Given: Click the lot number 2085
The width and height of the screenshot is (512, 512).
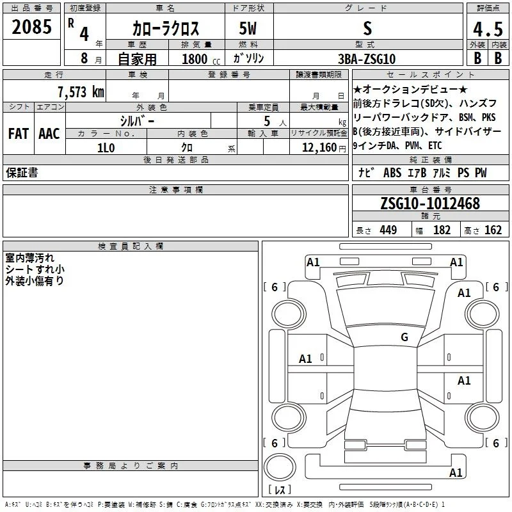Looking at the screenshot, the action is (x=31, y=27).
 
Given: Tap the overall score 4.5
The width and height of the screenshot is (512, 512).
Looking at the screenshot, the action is (x=488, y=29).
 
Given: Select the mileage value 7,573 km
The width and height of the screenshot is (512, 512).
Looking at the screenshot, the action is (x=81, y=92).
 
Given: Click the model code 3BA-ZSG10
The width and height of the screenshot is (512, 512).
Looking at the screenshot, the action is (x=367, y=59).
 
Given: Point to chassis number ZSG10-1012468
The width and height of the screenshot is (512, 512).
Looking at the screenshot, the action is (x=430, y=204).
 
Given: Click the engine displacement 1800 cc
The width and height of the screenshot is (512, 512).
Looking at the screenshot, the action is (x=201, y=59).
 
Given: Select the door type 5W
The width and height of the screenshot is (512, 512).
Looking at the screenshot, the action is (x=248, y=28).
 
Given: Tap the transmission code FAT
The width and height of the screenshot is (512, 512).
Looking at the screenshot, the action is (x=19, y=134).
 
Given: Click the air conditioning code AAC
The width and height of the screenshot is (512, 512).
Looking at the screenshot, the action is (x=49, y=134).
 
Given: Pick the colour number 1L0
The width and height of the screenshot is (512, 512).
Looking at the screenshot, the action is (x=106, y=148).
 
